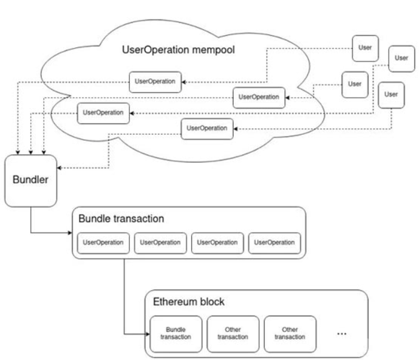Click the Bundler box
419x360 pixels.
(31, 181)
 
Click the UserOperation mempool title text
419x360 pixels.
(179, 50)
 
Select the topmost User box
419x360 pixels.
(366, 49)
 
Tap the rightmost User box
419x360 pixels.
(401, 59)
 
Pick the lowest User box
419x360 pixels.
(391, 95)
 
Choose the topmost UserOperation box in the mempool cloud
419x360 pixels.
(155, 82)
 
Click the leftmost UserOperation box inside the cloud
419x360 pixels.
(103, 114)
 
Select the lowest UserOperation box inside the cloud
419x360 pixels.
(207, 129)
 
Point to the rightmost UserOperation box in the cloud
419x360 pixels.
(259, 98)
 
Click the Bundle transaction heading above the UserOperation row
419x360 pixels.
(121, 219)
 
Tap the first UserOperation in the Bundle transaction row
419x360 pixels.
(103, 243)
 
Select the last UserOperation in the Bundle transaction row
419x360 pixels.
(274, 243)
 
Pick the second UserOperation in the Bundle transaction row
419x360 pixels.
(160, 243)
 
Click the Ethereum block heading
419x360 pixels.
(189, 302)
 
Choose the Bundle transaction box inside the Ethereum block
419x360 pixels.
(176, 334)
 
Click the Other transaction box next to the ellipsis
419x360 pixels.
(290, 334)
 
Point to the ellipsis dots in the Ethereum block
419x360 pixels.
(342, 334)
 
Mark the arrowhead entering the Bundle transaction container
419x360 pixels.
(70, 233)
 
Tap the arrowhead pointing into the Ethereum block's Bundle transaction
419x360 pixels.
(148, 334)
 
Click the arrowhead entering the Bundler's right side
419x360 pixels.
(60, 168)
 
